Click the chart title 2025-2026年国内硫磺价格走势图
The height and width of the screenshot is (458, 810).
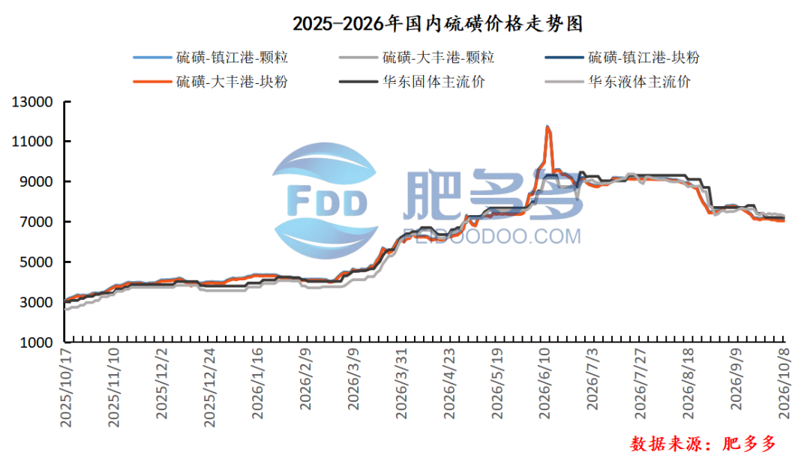point(437,24)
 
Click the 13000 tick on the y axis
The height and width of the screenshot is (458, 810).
point(32,102)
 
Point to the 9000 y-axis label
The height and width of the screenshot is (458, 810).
point(36,181)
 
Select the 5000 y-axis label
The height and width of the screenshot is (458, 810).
point(36,262)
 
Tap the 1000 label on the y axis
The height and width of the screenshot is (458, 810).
point(36,342)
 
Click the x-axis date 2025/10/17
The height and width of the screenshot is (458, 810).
point(65,388)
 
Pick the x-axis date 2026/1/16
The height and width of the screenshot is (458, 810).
point(256,384)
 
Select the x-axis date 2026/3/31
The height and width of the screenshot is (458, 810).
point(400,384)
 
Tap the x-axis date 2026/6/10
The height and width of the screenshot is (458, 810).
point(544,384)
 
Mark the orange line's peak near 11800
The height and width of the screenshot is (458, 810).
point(547,127)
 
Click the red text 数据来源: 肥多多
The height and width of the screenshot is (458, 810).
point(703,443)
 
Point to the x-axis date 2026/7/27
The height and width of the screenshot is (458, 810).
point(640,384)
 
